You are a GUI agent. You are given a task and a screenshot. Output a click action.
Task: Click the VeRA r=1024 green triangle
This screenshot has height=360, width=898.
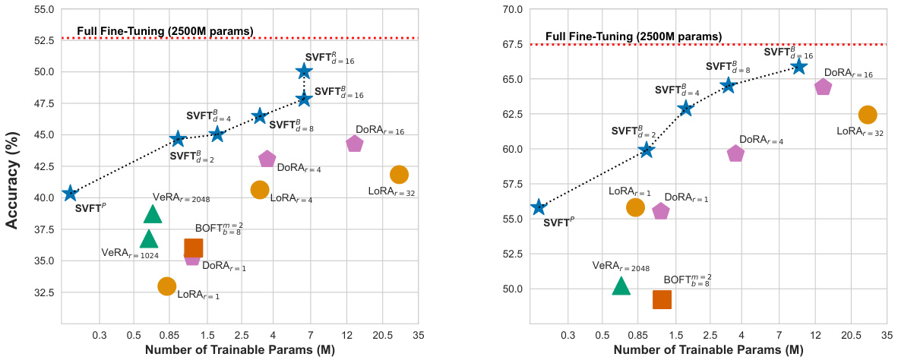tap(149, 238)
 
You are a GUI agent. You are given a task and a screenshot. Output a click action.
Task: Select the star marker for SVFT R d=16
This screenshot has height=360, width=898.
tap(304, 71)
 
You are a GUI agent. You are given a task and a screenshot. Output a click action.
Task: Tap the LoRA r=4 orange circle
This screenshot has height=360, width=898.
tap(260, 190)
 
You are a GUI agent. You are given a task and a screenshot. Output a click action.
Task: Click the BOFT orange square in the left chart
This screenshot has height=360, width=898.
tap(194, 248)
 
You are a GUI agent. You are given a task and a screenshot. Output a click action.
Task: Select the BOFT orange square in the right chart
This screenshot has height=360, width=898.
tap(662, 299)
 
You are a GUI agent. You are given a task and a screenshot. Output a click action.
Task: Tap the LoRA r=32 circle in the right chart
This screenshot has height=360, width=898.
tap(868, 114)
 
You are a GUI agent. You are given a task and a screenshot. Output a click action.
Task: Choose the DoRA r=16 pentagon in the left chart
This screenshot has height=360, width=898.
tap(355, 144)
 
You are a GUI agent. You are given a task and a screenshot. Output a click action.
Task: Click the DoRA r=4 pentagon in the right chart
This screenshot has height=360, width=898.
tap(735, 153)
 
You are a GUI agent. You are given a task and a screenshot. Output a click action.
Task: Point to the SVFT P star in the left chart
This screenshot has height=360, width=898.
tap(70, 194)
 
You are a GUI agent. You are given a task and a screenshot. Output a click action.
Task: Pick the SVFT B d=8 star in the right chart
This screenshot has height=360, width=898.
tap(729, 85)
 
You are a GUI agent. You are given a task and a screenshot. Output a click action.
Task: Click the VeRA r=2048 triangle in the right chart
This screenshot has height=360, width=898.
tap(621, 286)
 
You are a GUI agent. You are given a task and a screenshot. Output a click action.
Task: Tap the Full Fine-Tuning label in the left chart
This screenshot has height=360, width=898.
tap(165, 31)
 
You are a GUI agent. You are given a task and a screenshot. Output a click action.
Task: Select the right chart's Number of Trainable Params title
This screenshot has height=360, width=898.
tap(708, 350)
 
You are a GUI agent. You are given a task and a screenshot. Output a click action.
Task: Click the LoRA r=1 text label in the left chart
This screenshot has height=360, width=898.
tap(198, 295)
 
